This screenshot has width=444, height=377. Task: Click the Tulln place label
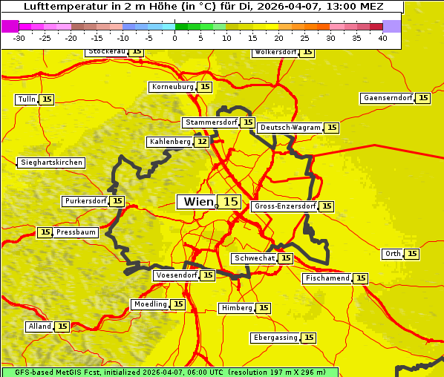26,99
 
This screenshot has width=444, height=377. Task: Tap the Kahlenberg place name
170,142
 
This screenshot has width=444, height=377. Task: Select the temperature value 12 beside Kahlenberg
202,142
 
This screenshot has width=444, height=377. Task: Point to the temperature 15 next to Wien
231,202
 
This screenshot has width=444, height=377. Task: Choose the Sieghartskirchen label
50,163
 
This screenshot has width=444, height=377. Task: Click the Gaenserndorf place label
387,98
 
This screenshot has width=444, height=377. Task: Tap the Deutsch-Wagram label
290,128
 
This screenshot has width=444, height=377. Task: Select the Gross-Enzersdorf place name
284,206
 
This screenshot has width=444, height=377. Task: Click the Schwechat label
254,258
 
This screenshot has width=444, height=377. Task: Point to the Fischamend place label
327,278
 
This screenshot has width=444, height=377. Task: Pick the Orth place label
393,254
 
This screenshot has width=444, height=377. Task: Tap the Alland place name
39,327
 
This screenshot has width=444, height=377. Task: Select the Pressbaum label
76,232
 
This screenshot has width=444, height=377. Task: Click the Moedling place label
150,304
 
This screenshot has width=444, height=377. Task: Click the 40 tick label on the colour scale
382,37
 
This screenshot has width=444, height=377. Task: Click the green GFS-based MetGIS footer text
169,372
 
